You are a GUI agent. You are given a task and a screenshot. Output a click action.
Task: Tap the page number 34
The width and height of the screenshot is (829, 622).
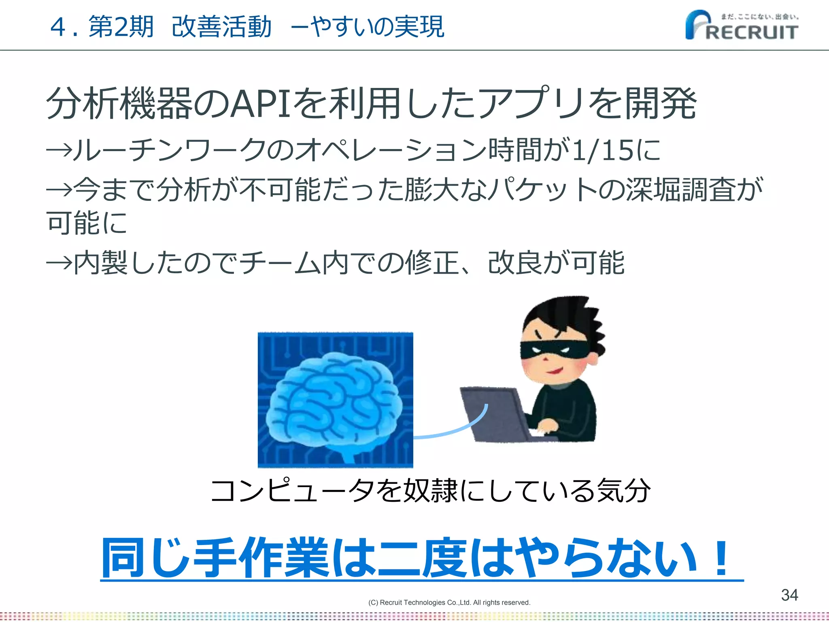coord(789,595)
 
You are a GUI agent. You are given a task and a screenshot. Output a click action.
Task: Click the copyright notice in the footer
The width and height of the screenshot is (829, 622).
coord(449,603)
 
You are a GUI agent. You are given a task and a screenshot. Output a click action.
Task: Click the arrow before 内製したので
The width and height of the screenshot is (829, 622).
coord(59,263)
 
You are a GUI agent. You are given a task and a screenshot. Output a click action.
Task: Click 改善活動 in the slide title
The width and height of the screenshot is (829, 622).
coord(221,27)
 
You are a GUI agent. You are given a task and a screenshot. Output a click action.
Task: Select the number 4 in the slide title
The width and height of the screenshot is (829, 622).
coord(59,27)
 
